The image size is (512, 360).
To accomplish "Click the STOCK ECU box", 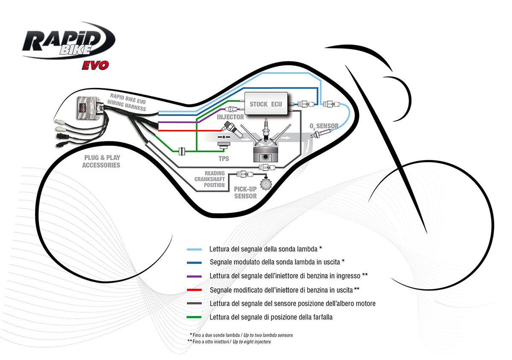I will pyautogui.click(x=265, y=104).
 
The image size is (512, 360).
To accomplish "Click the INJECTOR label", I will pyautogui.click(x=230, y=117).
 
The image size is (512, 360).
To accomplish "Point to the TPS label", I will pyautogui.click(x=223, y=158).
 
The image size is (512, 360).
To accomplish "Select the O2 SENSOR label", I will pyautogui.click(x=324, y=126).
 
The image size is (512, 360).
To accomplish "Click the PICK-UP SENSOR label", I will pyautogui.click(x=246, y=192).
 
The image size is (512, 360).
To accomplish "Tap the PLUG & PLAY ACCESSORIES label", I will pyautogui.click(x=101, y=161).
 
